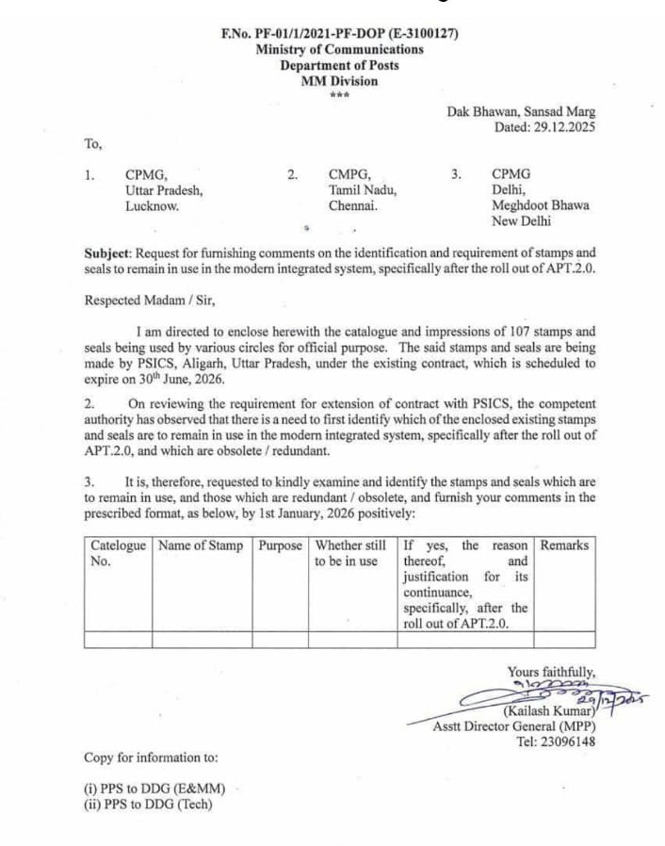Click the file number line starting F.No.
[x=339, y=34]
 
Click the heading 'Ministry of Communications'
[x=339, y=49]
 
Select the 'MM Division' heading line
[x=339, y=81]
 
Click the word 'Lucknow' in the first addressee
[x=153, y=205]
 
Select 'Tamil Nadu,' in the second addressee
[x=363, y=190]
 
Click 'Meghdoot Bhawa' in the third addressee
[x=541, y=205]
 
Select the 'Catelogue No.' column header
[x=118, y=553]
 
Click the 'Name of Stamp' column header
[x=201, y=545]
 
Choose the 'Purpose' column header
[x=280, y=545]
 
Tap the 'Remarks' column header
[x=564, y=545]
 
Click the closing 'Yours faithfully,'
[x=551, y=672]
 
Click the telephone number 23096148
[x=564, y=740]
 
